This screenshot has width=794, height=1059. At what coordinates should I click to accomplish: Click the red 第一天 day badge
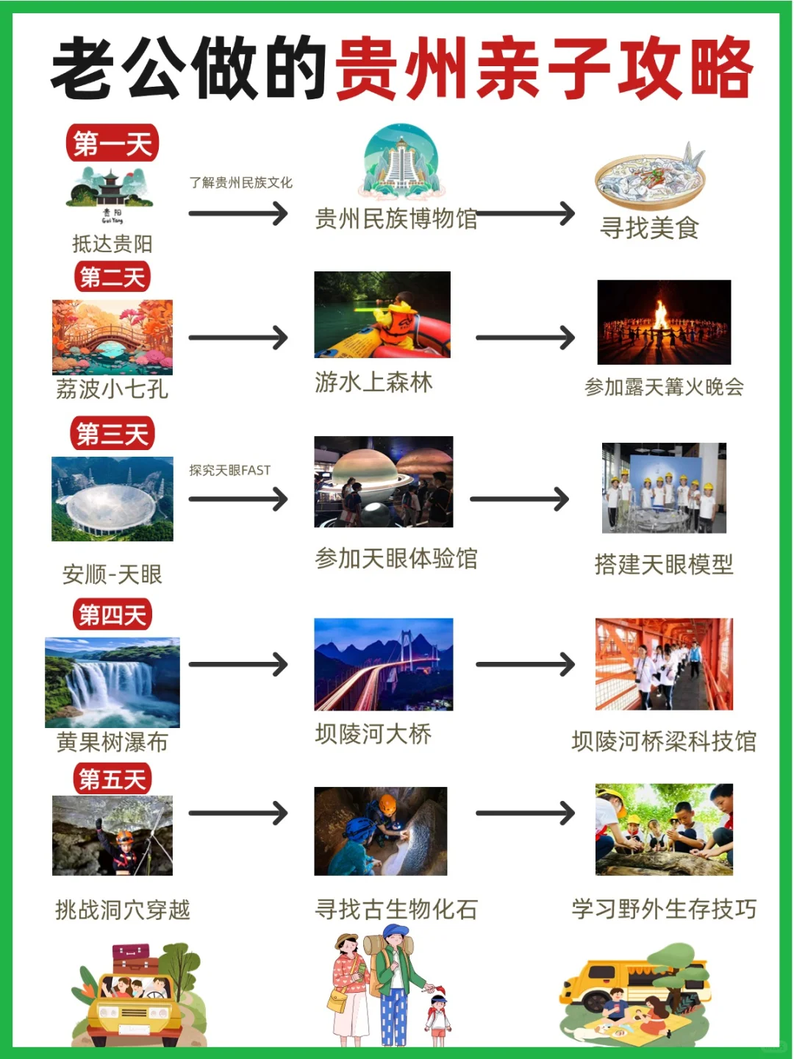click(x=112, y=143)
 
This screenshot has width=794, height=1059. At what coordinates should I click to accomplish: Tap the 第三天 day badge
click(x=112, y=434)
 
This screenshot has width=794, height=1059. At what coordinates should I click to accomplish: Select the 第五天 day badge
click(x=112, y=779)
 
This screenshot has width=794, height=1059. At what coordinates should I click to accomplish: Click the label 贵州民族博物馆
click(x=396, y=218)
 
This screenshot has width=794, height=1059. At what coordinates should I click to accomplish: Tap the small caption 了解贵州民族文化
click(x=240, y=182)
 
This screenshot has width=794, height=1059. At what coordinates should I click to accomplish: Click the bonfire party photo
click(x=664, y=322)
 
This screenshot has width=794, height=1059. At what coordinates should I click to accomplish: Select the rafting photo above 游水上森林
click(x=382, y=315)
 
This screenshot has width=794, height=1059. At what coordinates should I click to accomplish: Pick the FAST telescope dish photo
click(x=112, y=499)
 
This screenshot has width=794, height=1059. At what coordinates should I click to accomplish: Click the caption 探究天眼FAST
click(x=229, y=470)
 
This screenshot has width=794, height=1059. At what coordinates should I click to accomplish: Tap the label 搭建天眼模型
click(x=663, y=565)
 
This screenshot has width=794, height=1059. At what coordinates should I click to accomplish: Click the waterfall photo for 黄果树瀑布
click(x=112, y=682)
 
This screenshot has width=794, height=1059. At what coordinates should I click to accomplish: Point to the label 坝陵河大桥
click(x=373, y=734)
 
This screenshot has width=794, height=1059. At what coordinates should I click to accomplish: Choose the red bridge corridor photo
click(x=664, y=664)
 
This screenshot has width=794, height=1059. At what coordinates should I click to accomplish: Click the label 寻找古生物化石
click(x=396, y=910)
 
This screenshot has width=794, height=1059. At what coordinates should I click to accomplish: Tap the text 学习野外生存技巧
click(x=663, y=909)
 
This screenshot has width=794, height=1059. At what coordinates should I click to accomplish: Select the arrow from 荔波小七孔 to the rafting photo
click(x=238, y=338)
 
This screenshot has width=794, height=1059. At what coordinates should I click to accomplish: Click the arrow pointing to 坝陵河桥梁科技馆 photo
click(x=525, y=665)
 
